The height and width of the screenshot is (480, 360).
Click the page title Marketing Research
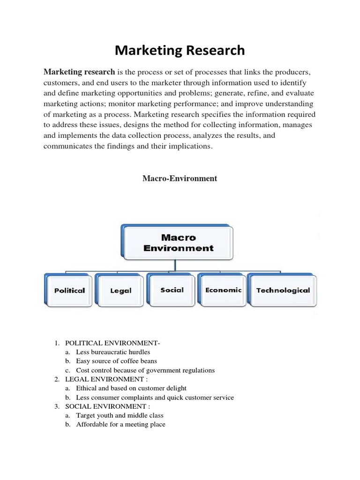coord(180,50)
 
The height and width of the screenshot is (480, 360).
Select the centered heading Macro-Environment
coord(180,179)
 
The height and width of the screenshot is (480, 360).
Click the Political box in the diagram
coord(69,290)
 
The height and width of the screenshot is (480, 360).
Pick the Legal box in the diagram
coord(120,291)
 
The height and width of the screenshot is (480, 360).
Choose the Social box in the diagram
coord(172,290)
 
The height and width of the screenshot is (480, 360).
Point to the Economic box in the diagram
coord(223,290)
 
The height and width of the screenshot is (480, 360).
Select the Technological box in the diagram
coord(283,290)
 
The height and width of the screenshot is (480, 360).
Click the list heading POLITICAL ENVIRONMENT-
coord(112,344)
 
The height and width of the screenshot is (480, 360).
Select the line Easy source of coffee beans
coord(116,361)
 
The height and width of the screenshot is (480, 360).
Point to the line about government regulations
coord(145,370)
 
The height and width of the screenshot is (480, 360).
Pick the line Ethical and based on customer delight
coord(131,388)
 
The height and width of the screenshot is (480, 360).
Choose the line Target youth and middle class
coord(120,415)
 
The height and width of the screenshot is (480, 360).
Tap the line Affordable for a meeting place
coord(120,424)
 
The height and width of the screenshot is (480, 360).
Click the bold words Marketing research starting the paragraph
coord(79,72)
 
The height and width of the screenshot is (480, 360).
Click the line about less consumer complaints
coord(155,397)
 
